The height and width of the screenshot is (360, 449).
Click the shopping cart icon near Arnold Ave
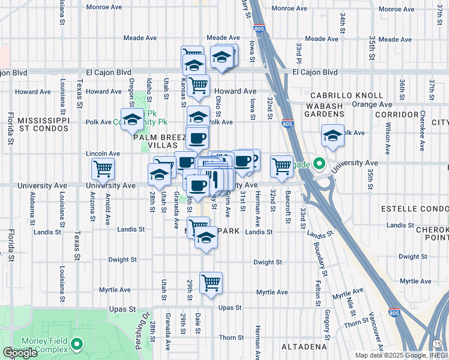tap(103, 169)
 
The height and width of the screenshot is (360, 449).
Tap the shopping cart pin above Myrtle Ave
tap(211, 282)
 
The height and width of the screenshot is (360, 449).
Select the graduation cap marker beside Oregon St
tap(132, 118)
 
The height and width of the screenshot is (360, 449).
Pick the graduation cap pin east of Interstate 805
tap(332, 135)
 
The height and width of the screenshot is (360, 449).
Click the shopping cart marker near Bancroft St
tap(282, 166)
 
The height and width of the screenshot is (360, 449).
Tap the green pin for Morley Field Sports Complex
tap(76, 344)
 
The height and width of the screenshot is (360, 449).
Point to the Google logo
tap(20, 353)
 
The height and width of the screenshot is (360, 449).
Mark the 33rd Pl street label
tap(298, 52)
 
